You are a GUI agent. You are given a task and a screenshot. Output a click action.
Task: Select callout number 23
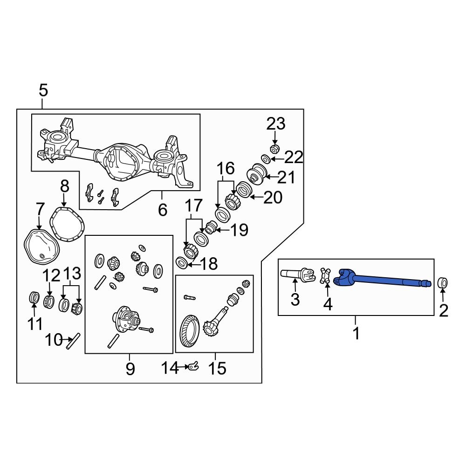pyautogui.click(x=276, y=124)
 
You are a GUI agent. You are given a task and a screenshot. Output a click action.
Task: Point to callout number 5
pyautogui.click(x=43, y=90)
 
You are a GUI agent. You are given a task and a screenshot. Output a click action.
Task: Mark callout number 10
pyautogui.click(x=54, y=340)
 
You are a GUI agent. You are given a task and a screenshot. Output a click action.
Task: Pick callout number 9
pyautogui.click(x=130, y=369)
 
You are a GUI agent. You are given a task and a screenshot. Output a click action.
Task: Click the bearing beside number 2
pyautogui.click(x=443, y=282)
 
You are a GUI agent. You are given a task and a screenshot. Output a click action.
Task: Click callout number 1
pyautogui.click(x=356, y=334)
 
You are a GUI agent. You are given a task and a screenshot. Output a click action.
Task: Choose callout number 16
pyautogui.click(x=225, y=169)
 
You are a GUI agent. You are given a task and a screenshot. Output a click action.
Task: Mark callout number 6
pyautogui.click(x=162, y=210)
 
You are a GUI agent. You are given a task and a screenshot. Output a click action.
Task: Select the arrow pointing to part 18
pyautogui.click(x=192, y=265)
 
